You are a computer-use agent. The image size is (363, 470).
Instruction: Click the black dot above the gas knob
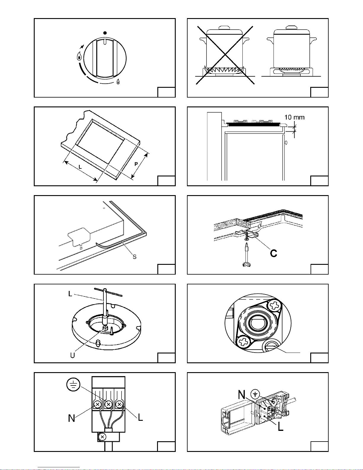click(x=105, y=33)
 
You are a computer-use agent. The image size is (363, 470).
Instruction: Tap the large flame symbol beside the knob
click(x=79, y=56)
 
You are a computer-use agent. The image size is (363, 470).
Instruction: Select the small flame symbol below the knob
click(x=118, y=82)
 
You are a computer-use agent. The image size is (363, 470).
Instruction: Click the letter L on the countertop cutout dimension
click(x=80, y=167)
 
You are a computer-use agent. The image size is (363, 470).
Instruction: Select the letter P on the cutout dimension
click(x=136, y=164)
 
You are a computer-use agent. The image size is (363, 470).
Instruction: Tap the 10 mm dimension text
click(x=294, y=117)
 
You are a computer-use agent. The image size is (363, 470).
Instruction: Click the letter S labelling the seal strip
click(x=135, y=256)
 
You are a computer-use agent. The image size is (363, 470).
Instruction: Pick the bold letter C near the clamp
click(x=274, y=253)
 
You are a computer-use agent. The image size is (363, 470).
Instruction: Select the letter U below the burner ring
click(x=73, y=355)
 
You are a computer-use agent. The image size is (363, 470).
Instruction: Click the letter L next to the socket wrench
click(x=70, y=294)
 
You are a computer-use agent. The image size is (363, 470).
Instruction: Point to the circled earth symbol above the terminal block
click(x=73, y=385)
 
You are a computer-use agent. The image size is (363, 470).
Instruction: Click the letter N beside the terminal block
click(x=72, y=418)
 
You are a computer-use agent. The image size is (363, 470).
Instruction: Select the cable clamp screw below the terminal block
click(x=102, y=436)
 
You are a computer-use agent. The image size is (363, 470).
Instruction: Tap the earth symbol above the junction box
click(x=255, y=394)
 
